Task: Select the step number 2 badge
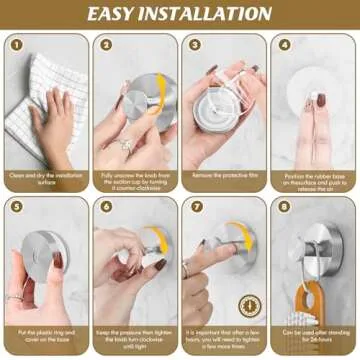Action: [105, 45]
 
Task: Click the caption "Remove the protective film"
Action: [223, 175]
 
